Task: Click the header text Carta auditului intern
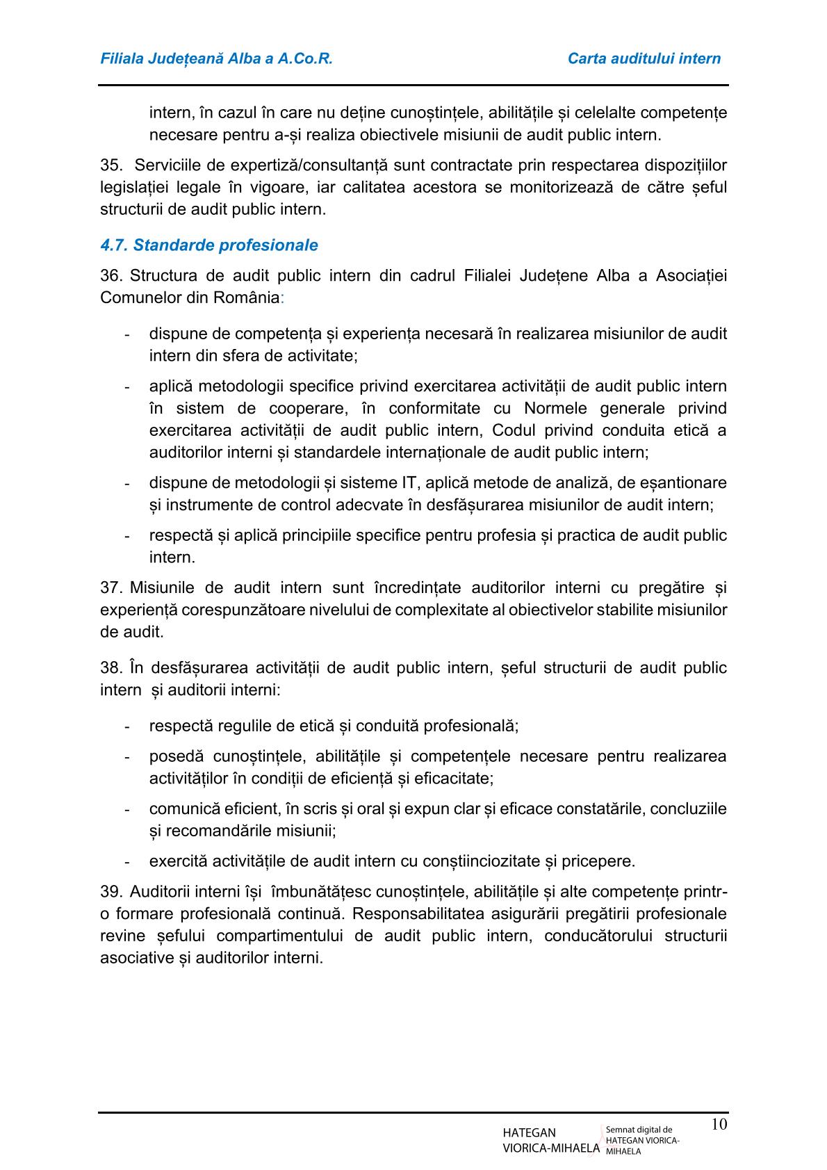point(644,58)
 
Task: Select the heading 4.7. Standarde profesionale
point(209,245)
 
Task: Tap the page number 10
point(719,1124)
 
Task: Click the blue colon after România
point(282,298)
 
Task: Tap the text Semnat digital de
point(639,1130)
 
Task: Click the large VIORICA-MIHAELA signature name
point(550,1148)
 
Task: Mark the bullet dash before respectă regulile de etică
point(127,726)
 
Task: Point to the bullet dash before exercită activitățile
point(127,862)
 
